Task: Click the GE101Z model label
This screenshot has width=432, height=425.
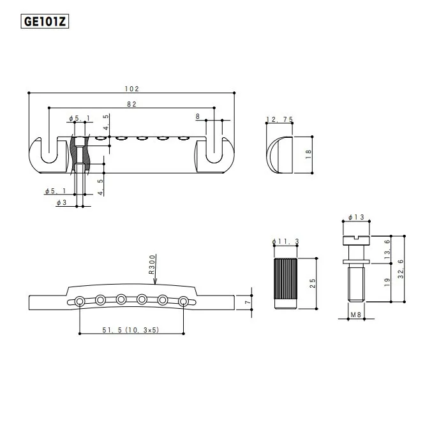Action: (45, 21)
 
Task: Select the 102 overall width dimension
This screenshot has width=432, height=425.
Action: (133, 89)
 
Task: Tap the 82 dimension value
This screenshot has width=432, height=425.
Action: (133, 103)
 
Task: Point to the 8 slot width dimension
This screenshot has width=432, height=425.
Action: (198, 116)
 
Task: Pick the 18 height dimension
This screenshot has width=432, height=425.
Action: (308, 154)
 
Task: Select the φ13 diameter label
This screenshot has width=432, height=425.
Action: (357, 218)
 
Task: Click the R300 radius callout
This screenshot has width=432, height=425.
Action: (152, 264)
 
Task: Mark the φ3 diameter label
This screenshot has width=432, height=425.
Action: (61, 202)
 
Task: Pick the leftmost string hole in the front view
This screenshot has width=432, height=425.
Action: (79, 301)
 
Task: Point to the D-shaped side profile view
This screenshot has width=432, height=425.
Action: (279, 154)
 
